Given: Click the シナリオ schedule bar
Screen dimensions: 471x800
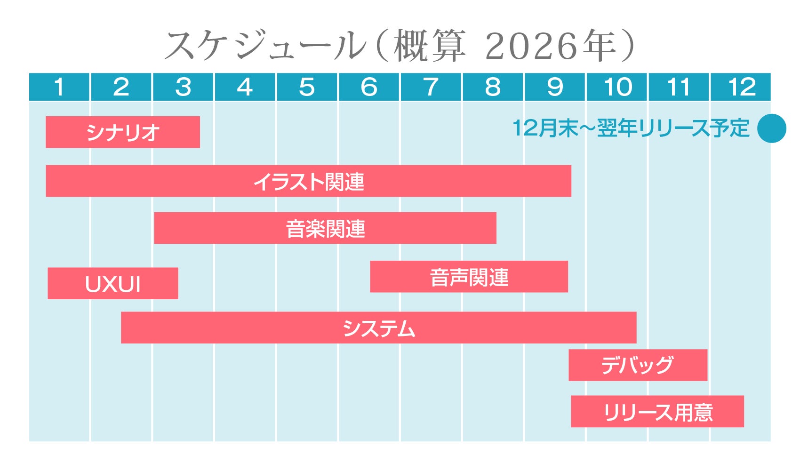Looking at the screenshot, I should [122, 132].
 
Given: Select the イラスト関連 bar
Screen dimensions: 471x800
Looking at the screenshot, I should [308, 181].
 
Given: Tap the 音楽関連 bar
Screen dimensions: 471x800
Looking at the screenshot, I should [325, 228].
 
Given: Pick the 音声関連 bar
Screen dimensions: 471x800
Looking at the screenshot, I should [469, 277].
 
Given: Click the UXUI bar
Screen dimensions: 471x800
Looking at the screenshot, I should [113, 284].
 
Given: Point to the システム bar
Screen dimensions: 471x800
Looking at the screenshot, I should [378, 327].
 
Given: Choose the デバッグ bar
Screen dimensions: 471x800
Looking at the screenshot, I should [638, 365].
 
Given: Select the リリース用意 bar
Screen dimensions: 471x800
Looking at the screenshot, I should [657, 412].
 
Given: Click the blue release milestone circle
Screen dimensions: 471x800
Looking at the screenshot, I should [772, 128].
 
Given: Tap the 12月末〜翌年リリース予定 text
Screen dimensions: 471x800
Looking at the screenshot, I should [631, 128].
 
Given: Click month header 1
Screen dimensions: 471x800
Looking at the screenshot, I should [59, 87].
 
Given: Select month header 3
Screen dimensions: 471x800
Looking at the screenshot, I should [183, 87].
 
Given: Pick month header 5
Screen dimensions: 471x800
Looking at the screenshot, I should [307, 87].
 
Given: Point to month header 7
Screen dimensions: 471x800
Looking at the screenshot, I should [431, 87].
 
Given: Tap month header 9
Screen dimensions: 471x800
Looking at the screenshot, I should [555, 87].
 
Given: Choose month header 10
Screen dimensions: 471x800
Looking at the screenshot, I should [617, 87].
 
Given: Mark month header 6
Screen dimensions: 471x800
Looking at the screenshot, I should [369, 87].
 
